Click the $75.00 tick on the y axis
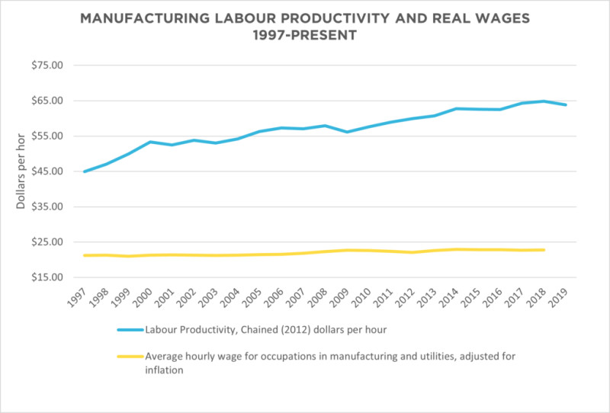point(47,66)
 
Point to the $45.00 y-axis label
point(47,171)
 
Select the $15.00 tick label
point(47,277)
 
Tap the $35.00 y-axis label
point(47,206)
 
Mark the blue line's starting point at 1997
point(84,171)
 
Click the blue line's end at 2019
point(566,104)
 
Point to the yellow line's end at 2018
point(544,250)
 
